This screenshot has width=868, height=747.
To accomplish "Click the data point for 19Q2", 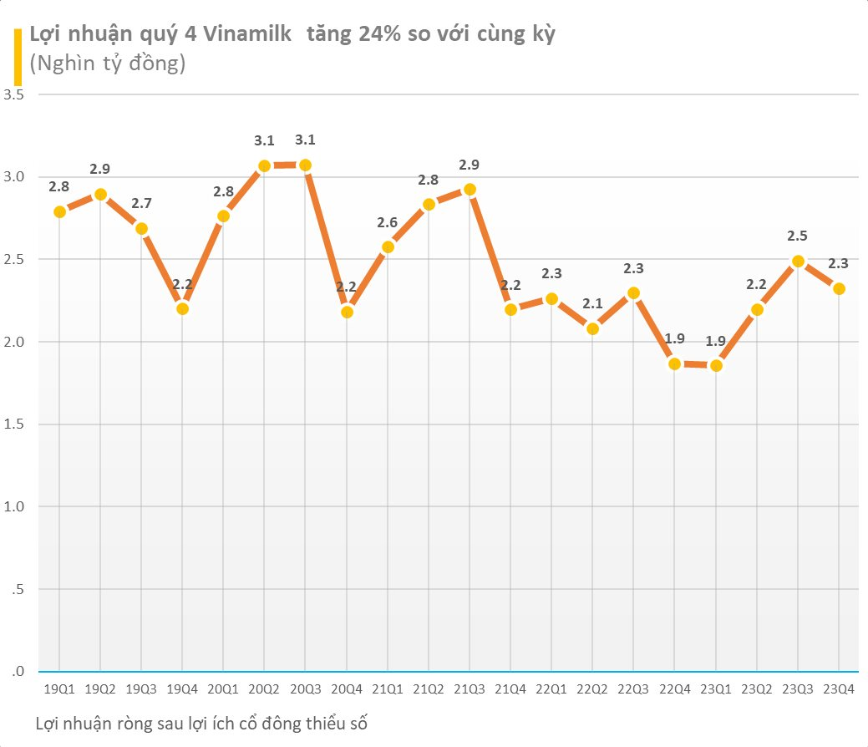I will click(x=100, y=195).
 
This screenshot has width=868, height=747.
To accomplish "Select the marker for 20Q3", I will click(x=306, y=165).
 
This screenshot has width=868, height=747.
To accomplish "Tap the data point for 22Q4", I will click(x=674, y=363).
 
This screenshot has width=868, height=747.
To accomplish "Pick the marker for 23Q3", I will click(x=798, y=262).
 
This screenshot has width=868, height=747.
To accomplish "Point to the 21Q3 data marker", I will click(x=470, y=190).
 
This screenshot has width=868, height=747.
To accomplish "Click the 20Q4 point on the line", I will click(x=348, y=312).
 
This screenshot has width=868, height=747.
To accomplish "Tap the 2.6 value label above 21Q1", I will click(x=388, y=222).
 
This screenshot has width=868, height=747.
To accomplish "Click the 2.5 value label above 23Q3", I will click(x=797, y=236).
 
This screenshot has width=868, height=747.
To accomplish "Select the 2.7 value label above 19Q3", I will click(x=141, y=203).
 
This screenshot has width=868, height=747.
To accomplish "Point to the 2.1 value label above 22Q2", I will click(x=592, y=302).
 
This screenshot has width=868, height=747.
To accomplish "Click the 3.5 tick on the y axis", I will click(x=13, y=95).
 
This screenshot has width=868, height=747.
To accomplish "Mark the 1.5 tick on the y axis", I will click(x=13, y=424).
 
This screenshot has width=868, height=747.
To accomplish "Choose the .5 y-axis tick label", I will click(x=16, y=590).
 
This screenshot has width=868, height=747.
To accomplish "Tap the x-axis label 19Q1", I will click(x=58, y=689).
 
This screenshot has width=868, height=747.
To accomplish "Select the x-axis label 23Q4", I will click(x=839, y=689).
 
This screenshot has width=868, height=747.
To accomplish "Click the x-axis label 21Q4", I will click(x=510, y=689).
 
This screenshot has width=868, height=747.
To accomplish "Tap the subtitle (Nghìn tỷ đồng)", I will click(x=107, y=64).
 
